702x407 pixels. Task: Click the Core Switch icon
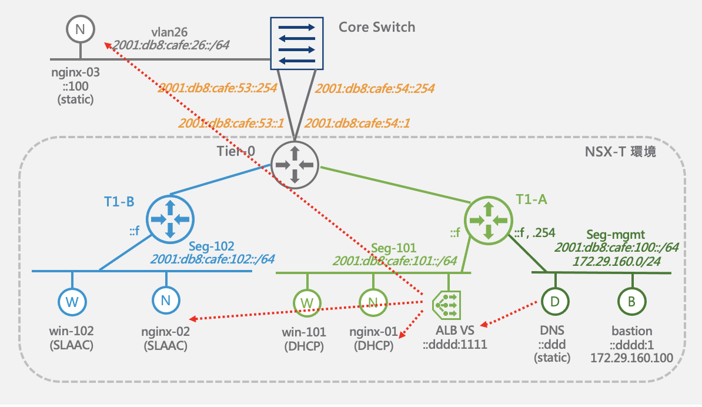pos(297,44)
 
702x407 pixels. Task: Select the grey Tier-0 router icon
pos(295,165)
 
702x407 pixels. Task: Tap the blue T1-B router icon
pos(170,219)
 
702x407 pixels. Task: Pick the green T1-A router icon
pos(489,221)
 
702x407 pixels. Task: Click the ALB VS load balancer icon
pos(447,305)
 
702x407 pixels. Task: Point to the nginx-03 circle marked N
pos(81,29)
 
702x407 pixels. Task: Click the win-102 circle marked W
pos(72,302)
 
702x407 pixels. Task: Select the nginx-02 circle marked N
pos(166,300)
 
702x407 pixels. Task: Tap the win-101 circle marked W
pos(307,303)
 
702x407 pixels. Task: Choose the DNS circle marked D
pos(555,301)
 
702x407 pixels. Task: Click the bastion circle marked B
pos(631,301)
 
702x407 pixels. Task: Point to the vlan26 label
pos(169,32)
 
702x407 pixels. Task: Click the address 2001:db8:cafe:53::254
pos(218,88)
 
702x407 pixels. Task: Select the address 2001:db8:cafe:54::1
pos(357,123)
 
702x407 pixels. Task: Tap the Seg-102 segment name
pos(211,246)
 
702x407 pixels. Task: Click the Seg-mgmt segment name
pos(616,235)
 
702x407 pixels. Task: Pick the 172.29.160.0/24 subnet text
pos(617,261)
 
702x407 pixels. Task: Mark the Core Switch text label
pos(377,27)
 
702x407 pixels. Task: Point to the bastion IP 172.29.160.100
pos(631,358)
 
